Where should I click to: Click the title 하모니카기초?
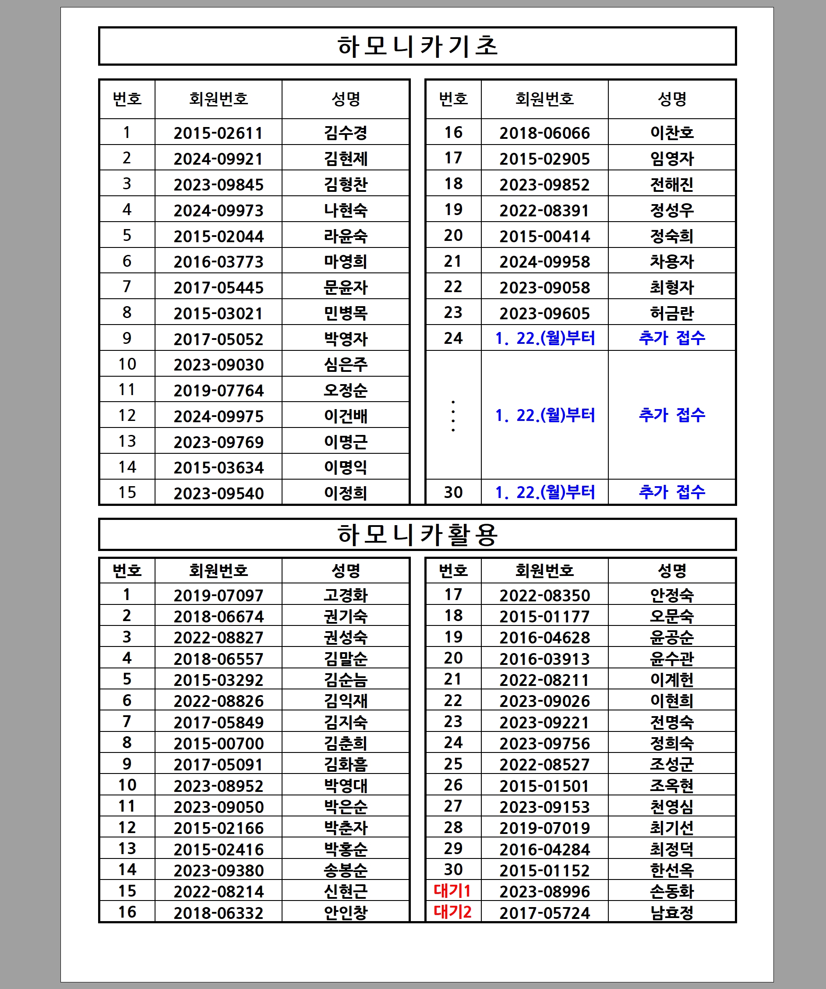417,46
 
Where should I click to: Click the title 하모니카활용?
417,534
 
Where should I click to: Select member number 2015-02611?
218,133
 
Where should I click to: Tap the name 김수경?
345,133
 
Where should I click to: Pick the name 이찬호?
671,133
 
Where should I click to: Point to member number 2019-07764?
218,390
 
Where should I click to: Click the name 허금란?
671,313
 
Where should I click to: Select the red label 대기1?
452,890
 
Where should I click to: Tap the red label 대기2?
452,912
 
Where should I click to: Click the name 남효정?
671,913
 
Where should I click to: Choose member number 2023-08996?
544,891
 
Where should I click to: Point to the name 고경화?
345,595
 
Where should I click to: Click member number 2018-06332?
218,913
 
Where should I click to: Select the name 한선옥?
671,870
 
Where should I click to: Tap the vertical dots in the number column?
453,416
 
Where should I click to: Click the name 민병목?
345,313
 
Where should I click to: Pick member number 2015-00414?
544,236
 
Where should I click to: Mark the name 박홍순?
345,849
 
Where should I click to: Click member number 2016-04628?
544,638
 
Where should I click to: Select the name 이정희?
345,493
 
